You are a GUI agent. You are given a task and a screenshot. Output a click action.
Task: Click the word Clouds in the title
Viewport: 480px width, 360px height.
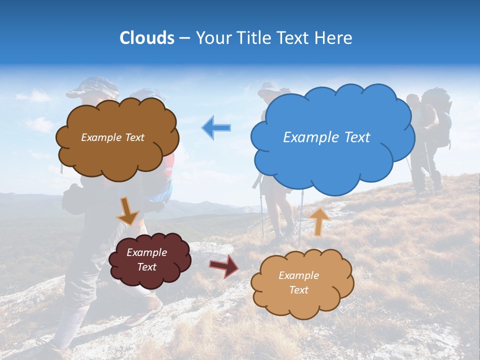tap(147, 38)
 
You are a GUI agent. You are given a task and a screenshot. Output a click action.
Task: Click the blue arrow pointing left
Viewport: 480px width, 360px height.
tap(216, 128)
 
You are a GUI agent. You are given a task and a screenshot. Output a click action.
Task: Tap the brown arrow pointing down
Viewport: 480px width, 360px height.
tap(127, 211)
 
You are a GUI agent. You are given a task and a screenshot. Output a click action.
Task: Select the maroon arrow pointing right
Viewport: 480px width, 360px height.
tap(224, 265)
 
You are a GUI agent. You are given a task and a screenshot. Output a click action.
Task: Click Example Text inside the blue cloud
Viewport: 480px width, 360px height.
tap(326, 137)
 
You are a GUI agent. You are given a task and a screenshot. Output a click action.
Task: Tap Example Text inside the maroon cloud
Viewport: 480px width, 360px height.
tap(147, 260)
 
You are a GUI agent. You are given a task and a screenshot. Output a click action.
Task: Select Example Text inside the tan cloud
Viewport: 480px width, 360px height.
tap(298, 282)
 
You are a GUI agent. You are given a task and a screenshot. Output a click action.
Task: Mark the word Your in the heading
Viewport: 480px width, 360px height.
tap(212, 38)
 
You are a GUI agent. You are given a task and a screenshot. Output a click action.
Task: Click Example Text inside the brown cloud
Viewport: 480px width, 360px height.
tap(112, 137)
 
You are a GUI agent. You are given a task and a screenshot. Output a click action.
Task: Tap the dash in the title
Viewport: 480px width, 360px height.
tap(184, 38)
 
